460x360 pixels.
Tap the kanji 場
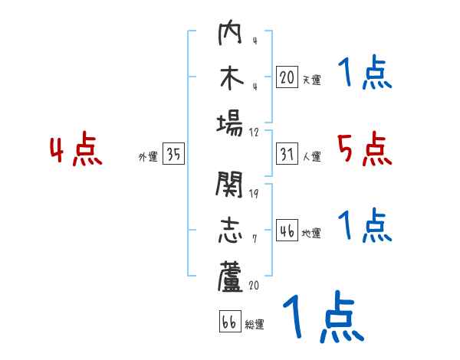229,123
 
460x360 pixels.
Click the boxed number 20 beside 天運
287,77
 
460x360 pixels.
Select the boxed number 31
287,155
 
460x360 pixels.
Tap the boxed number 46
287,231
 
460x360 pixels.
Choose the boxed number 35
173,155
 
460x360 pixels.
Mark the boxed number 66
229,322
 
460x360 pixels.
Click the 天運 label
311,80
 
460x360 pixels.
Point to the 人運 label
311,157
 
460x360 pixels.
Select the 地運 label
311,233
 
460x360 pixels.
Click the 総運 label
255,324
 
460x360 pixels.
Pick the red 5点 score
364,149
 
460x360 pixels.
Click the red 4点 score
76,150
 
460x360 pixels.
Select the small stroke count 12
253,132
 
